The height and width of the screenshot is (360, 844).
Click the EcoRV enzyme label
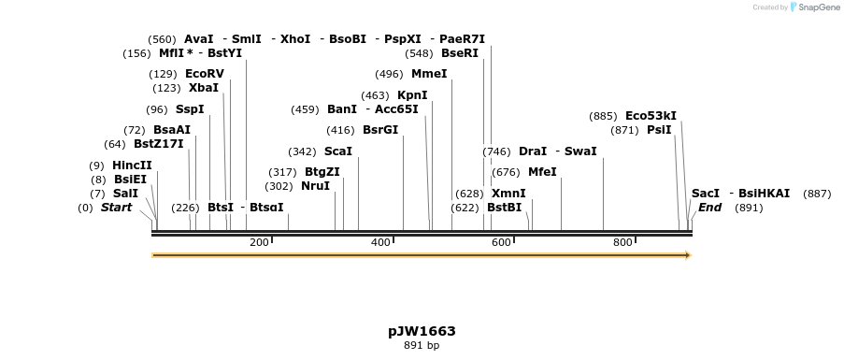[x=205, y=73]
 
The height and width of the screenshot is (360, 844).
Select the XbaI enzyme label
[x=203, y=88]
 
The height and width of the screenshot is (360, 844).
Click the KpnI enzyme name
[x=411, y=94]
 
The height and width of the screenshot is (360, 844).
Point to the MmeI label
[x=429, y=74]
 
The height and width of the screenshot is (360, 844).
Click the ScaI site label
[x=337, y=151]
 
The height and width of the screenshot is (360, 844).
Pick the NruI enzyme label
[x=315, y=186]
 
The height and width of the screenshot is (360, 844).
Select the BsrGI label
[x=379, y=130]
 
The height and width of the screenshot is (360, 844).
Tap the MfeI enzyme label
[x=542, y=172]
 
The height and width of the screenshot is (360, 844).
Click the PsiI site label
[x=659, y=130]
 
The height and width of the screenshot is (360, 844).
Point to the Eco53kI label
[x=651, y=116]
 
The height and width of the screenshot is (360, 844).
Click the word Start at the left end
[x=117, y=208]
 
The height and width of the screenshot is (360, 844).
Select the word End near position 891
[x=709, y=208]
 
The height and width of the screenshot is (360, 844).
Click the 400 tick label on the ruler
[x=380, y=243]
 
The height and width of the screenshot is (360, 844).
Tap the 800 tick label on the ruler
[x=622, y=243]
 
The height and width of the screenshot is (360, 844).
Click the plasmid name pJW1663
[x=422, y=331]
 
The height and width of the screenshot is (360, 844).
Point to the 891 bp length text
[x=422, y=346]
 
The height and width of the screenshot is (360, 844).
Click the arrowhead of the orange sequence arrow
[x=687, y=254]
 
